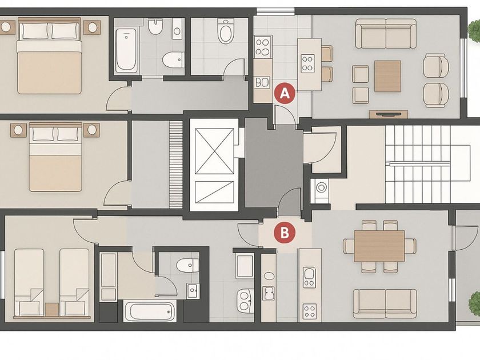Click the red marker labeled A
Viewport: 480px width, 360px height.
pos(285,93)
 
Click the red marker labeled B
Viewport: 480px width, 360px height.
pos(285,233)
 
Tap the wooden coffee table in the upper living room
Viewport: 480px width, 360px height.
pos(387,76)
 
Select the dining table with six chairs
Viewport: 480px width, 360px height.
pos(379,246)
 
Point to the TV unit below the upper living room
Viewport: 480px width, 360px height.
pos(389,114)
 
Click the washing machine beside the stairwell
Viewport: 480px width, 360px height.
pos(321,187)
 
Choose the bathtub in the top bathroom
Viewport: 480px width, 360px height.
pos(126,50)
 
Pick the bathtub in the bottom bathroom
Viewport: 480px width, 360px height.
pos(150,311)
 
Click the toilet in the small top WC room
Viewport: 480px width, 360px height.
pos(226,31)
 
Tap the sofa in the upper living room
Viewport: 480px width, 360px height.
pos(386,34)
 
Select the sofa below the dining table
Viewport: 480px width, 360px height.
pos(385,303)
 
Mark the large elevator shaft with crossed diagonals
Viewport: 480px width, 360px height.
pos(214,151)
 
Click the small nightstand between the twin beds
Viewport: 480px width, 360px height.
pos(52,310)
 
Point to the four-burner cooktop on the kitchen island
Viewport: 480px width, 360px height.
pos(307,63)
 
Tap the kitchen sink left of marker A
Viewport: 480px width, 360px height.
pos(262,82)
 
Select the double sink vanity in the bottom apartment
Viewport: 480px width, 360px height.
pos(245,301)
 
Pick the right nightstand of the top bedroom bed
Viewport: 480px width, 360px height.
pos(92,27)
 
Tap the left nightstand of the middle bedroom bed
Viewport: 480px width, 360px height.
pos(18,130)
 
